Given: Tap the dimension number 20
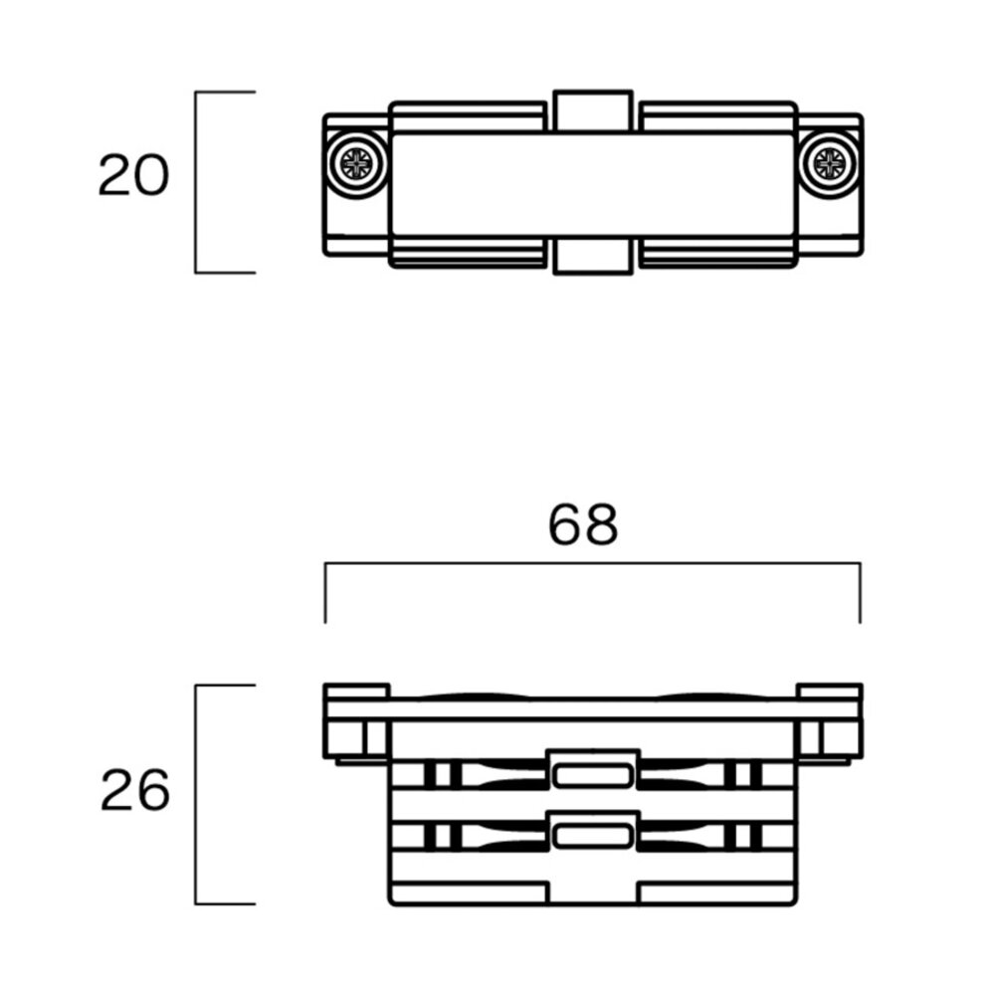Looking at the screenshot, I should point(133,176).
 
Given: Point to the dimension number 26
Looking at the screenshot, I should point(135,793).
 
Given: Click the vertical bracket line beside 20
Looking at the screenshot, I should point(196,182).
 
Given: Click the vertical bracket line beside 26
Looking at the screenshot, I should point(196,794).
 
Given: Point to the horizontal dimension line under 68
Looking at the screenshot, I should point(593,564).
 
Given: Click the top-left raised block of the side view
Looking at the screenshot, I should point(356,691).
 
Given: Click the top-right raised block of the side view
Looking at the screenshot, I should point(829,691).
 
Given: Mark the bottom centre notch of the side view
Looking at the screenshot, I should point(593,894).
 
